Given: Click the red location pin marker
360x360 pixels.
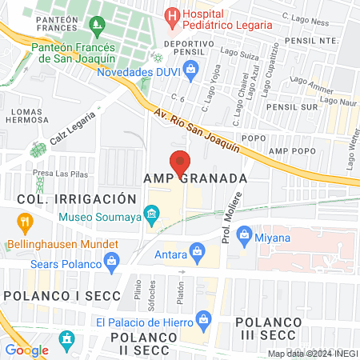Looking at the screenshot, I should (180, 162).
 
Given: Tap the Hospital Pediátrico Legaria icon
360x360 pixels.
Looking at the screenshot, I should (171, 15).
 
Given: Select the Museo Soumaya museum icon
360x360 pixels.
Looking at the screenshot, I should (150, 214).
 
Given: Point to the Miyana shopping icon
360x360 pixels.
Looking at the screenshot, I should (244, 237).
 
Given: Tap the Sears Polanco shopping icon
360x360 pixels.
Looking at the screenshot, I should (113, 260).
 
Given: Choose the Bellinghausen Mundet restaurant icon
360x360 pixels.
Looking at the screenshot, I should (25, 222).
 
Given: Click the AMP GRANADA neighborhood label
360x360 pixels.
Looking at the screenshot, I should (195, 178).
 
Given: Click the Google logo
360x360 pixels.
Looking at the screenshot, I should (26, 350).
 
